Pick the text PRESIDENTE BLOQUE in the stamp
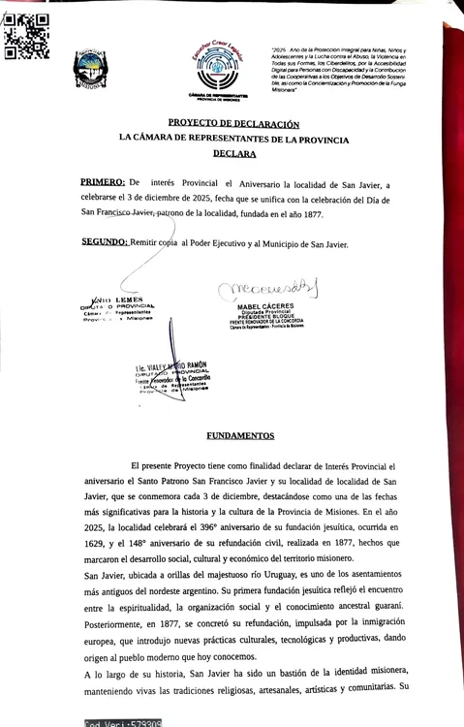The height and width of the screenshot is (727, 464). (263, 317)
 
